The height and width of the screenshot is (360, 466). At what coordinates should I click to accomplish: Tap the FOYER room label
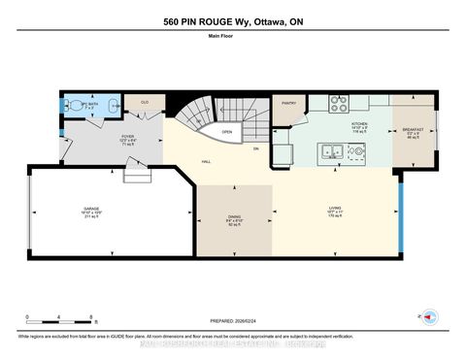click(127, 137)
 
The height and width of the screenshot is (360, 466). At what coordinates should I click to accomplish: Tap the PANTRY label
click(287, 102)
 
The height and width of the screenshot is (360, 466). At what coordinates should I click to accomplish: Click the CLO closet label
click(145, 102)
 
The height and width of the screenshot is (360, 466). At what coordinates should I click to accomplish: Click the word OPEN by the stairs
click(226, 132)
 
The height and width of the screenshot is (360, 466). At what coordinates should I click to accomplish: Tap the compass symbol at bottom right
click(426, 316)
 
